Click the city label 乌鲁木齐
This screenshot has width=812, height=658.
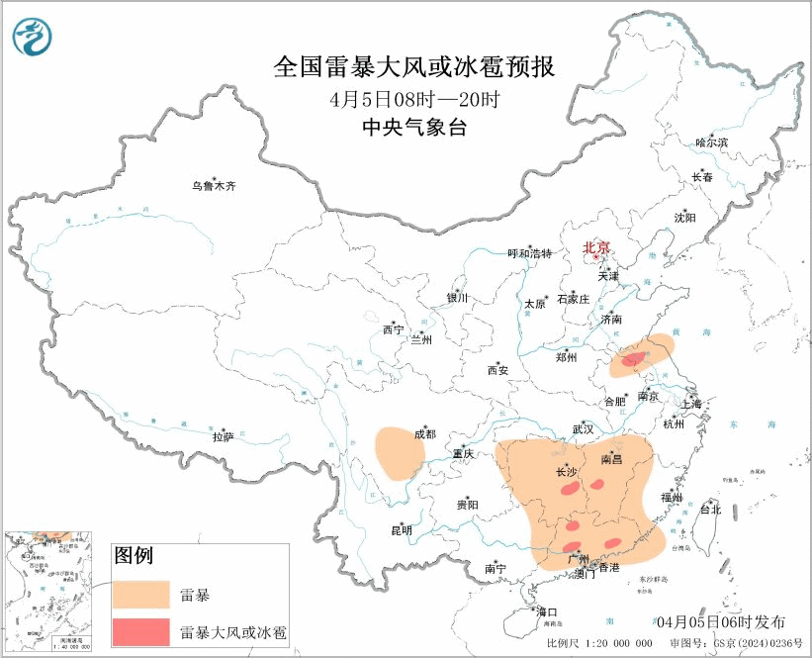click(x=214, y=186)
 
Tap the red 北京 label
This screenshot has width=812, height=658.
click(x=596, y=247)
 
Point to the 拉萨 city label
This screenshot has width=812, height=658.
click(x=223, y=435)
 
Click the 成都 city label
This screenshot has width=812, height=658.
click(x=424, y=433)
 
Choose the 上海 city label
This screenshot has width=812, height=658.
click(x=689, y=404)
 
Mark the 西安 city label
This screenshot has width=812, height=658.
click(x=496, y=370)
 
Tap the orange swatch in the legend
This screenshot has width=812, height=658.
click(x=142, y=594)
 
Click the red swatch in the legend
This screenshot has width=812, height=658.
click(x=142, y=630)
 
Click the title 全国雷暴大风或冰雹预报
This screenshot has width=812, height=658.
click(x=413, y=67)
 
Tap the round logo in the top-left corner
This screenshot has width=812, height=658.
click(x=34, y=37)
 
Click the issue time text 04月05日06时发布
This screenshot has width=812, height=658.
click(x=721, y=621)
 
